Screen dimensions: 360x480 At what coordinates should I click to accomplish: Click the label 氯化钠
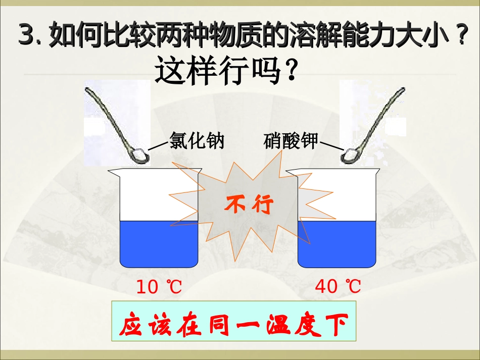pos(196,141)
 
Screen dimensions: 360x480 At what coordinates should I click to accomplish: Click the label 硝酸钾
pos(291,141)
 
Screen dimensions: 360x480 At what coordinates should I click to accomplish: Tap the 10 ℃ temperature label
pos(159,287)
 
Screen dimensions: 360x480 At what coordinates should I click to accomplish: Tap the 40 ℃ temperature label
pos(338,287)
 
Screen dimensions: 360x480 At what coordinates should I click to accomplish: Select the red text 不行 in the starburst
pos(249,205)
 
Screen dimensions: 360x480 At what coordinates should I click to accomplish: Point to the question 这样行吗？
pos(225,71)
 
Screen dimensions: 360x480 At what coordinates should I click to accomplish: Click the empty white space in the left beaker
pos(152,197)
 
